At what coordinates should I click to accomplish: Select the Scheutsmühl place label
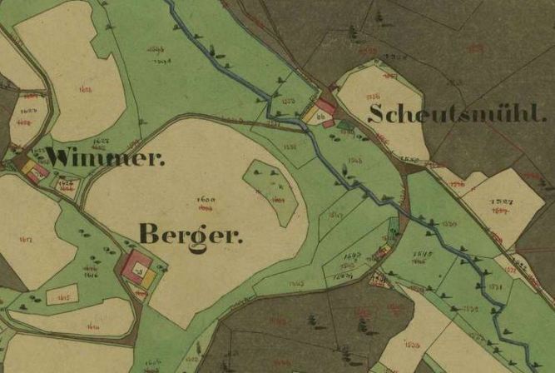[x=458, y=114]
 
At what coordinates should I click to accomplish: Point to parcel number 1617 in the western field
[x=25, y=241]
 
